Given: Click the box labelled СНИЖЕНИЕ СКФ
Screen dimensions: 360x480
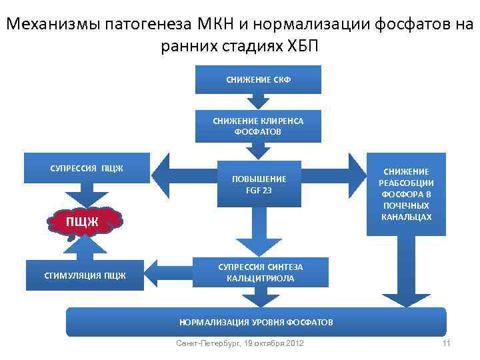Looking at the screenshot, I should coord(259,80).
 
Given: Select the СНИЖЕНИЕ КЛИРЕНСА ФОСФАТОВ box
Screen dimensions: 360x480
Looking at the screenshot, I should coord(259,126).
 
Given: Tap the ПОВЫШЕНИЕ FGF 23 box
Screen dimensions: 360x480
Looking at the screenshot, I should coord(259,184).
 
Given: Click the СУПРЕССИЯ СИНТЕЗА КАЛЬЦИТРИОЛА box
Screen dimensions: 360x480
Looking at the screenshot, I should coord(260,273).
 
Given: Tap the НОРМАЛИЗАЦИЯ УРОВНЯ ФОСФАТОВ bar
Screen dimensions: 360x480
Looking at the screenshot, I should coord(256,323).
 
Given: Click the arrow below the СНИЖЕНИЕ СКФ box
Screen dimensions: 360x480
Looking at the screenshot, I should coord(259,101).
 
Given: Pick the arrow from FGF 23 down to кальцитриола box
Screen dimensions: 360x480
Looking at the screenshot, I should coord(259,231).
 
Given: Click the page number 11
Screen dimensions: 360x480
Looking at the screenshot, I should coord(447,343).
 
